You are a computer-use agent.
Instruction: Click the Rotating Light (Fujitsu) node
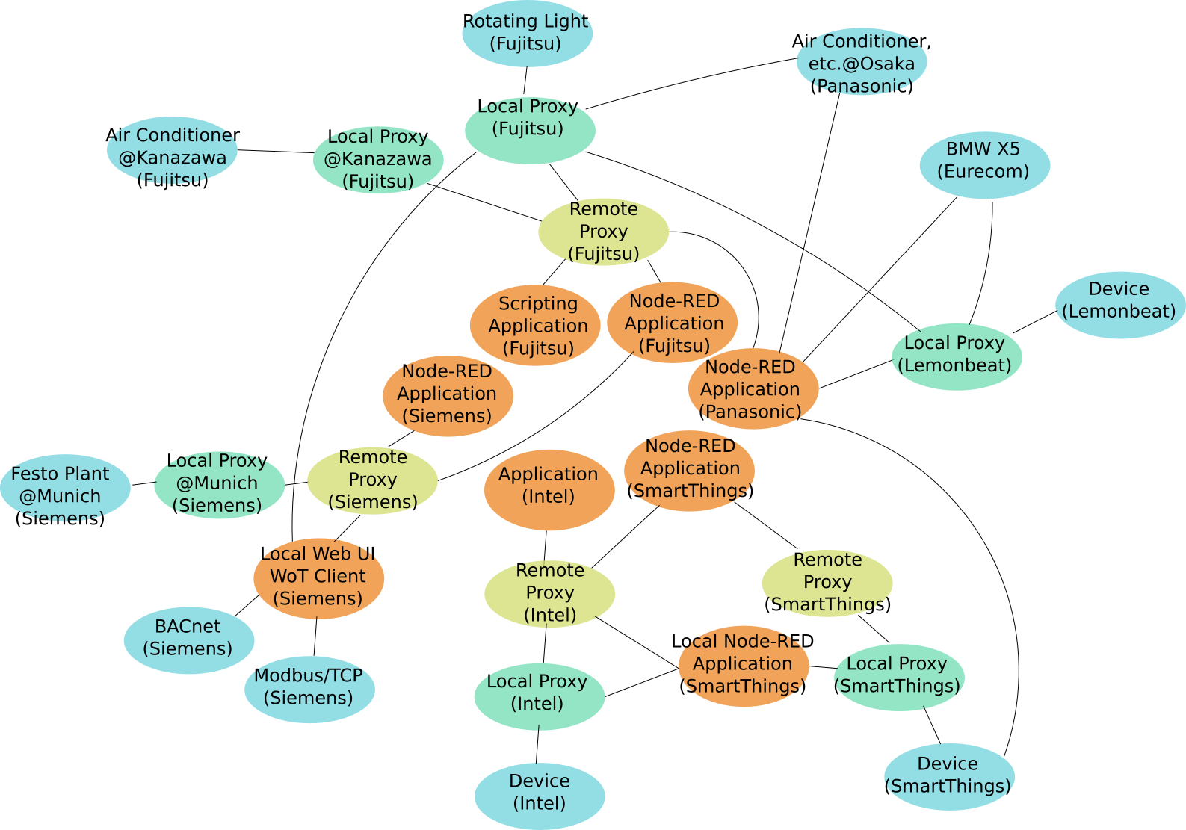pyautogui.click(x=527, y=33)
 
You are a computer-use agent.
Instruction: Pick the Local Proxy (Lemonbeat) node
pyautogui.click(x=957, y=356)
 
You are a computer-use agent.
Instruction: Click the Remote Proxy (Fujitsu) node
pyautogui.click(x=603, y=232)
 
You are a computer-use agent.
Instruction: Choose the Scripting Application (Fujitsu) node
pyautogui.click(x=535, y=325)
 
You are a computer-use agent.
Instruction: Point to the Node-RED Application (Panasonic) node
pyautogui.click(x=753, y=388)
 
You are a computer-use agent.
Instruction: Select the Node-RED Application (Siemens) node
pyautogui.click(x=448, y=395)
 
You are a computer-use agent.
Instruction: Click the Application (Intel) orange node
pyautogui.click(x=549, y=489)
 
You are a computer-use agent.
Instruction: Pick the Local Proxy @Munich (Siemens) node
pyautogui.click(x=219, y=484)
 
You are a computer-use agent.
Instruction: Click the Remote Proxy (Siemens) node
pyautogui.click(x=372, y=480)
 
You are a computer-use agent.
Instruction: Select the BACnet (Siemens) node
pyautogui.click(x=188, y=639)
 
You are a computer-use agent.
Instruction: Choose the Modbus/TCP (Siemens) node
pyautogui.click(x=309, y=689)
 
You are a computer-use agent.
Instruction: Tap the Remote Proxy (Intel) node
pyautogui.click(x=549, y=594)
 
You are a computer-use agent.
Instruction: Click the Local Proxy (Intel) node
pyautogui.click(x=539, y=696)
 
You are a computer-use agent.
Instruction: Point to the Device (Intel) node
pyautogui.click(x=539, y=795)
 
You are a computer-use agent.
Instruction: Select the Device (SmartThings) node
pyautogui.click(x=949, y=776)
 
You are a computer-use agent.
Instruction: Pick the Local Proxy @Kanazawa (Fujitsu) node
pyautogui.click(x=378, y=160)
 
